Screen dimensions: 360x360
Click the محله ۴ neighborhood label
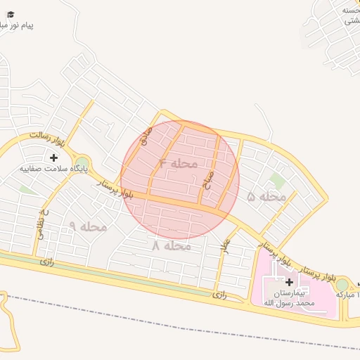(x=178, y=164)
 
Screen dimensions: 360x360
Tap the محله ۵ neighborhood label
(x=266, y=198)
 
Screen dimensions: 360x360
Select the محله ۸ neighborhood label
(x=172, y=246)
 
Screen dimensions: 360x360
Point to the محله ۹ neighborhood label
(x=88, y=226)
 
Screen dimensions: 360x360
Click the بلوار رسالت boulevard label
(x=49, y=138)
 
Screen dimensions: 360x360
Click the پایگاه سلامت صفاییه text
(x=54, y=169)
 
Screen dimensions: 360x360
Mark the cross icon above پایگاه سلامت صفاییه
(x=54, y=157)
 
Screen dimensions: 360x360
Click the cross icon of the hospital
(x=289, y=281)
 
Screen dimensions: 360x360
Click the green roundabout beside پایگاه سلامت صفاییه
(x=82, y=163)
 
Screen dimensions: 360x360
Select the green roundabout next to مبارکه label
(x=342, y=284)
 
